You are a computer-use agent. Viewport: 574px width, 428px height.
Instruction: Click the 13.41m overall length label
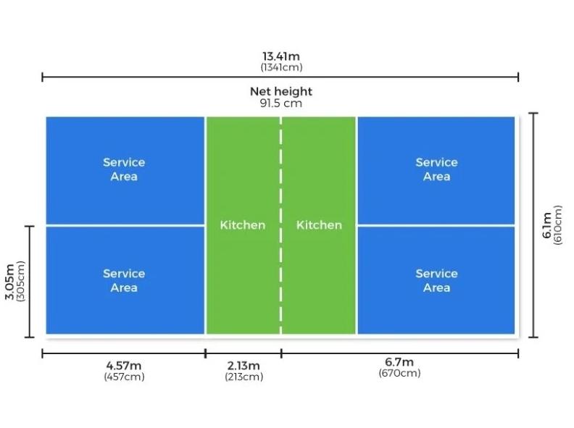click(x=281, y=56)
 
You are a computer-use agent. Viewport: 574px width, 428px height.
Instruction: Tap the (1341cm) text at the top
click(x=281, y=67)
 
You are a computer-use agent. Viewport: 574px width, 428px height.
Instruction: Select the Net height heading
click(x=281, y=91)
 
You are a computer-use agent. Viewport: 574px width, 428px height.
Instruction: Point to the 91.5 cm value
click(x=281, y=103)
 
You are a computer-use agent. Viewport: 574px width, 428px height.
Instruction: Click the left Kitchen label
click(x=243, y=225)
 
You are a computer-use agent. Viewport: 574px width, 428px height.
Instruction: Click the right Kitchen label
click(x=319, y=225)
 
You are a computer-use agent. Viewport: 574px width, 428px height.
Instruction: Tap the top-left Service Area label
click(x=124, y=169)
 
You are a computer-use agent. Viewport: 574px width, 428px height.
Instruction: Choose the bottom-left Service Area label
click(x=124, y=280)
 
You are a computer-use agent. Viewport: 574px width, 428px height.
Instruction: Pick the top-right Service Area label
click(x=436, y=169)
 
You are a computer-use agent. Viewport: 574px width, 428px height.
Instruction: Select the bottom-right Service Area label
click(x=436, y=280)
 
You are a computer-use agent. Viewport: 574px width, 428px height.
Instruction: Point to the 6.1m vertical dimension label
click(x=546, y=225)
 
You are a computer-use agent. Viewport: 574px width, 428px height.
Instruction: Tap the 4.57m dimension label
click(x=124, y=365)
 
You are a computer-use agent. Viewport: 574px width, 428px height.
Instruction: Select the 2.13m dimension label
click(x=243, y=365)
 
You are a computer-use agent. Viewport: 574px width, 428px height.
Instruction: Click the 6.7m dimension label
click(x=399, y=362)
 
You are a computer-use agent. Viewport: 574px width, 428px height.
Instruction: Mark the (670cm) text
click(x=399, y=374)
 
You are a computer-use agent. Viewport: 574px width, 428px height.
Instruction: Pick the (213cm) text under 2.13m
click(x=243, y=377)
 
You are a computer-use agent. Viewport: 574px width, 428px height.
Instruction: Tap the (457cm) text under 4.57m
click(x=124, y=377)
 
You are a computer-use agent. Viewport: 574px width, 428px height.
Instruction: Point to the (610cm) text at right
click(x=558, y=225)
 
